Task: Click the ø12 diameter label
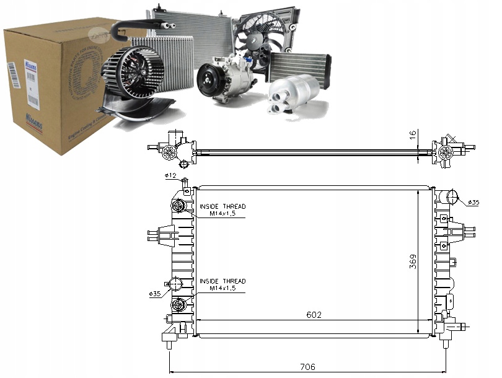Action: (170, 176)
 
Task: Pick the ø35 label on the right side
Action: (473, 202)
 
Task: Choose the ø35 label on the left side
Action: (155, 293)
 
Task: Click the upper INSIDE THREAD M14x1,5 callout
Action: (222, 209)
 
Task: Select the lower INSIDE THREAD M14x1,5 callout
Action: (222, 284)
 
